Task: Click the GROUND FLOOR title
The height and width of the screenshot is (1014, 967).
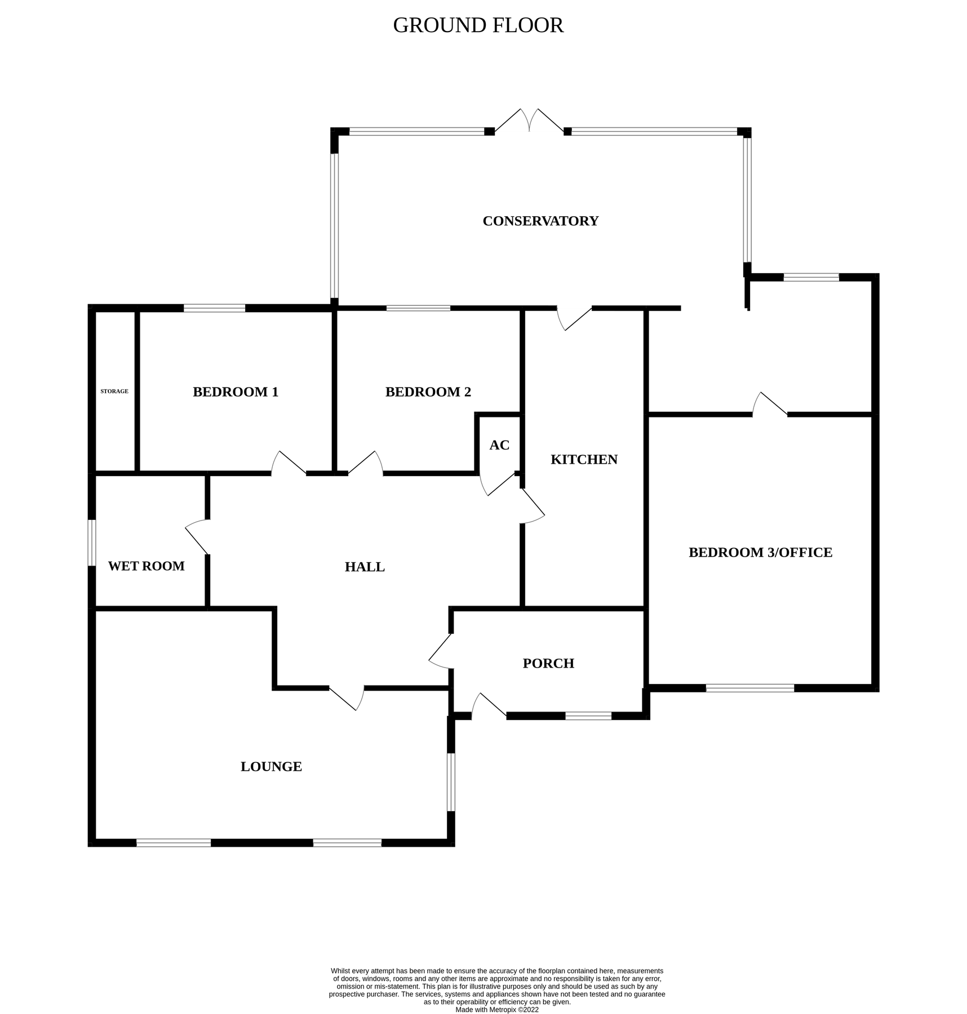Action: (x=478, y=25)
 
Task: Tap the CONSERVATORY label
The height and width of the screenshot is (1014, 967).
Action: (x=540, y=221)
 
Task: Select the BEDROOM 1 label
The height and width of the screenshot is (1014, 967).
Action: (x=236, y=392)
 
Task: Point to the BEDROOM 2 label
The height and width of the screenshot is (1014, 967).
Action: (x=428, y=392)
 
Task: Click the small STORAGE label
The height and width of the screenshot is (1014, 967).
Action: (x=114, y=391)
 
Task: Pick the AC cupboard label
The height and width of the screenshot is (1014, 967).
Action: (x=499, y=445)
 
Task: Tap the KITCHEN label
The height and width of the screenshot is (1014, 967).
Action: (x=584, y=460)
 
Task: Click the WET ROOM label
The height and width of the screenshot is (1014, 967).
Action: (x=146, y=566)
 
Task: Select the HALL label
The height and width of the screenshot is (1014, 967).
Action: (x=365, y=567)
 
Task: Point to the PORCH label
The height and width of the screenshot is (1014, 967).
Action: (x=548, y=664)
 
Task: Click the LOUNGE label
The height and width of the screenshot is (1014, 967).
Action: (x=271, y=767)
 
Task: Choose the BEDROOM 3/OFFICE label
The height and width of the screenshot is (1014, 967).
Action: (x=760, y=553)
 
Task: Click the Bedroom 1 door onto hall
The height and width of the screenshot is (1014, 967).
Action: (x=289, y=464)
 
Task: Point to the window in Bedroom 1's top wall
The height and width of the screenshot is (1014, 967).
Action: (x=214, y=308)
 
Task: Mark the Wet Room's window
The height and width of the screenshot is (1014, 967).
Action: (x=92, y=542)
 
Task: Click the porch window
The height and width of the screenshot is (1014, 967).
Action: (x=588, y=716)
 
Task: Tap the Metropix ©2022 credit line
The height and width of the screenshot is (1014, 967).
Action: (x=496, y=1010)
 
